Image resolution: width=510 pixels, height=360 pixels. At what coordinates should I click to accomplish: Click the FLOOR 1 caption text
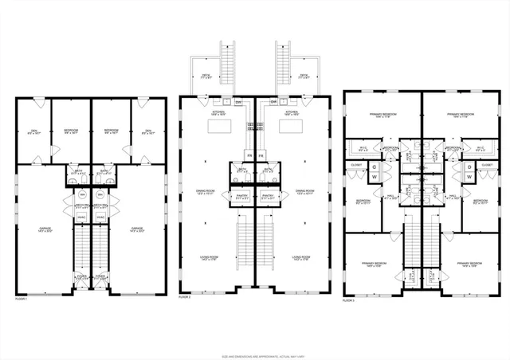tap(21, 299)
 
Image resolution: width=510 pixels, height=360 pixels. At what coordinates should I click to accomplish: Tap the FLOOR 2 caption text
tap(184, 296)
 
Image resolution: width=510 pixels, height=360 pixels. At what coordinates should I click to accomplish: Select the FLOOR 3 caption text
tap(348, 301)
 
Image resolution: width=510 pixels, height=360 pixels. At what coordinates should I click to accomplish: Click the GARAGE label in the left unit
tap(45, 229)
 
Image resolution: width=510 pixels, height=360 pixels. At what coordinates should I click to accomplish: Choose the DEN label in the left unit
tap(34, 131)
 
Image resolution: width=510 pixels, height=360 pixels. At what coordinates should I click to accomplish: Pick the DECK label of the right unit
tap(304, 76)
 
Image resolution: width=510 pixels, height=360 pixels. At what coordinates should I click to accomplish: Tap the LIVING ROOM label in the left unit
tap(210, 258)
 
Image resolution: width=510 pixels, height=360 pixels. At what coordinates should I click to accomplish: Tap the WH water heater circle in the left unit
tap(81, 194)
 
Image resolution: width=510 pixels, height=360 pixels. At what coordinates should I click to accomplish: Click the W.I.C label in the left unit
tap(363, 148)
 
